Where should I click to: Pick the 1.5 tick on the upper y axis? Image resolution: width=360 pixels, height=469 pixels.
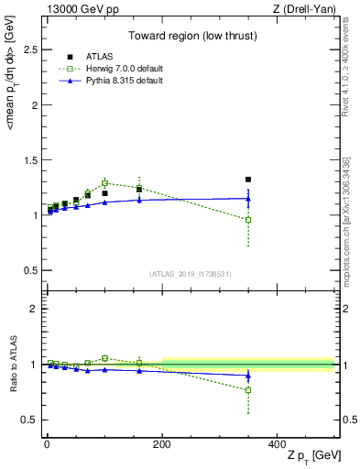tap(31, 159)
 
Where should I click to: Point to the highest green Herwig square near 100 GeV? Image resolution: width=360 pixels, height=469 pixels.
tap(105, 183)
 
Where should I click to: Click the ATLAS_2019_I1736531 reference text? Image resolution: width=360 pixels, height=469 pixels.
tap(190, 273)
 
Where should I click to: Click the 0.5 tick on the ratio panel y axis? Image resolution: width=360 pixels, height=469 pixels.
tap(31, 420)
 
